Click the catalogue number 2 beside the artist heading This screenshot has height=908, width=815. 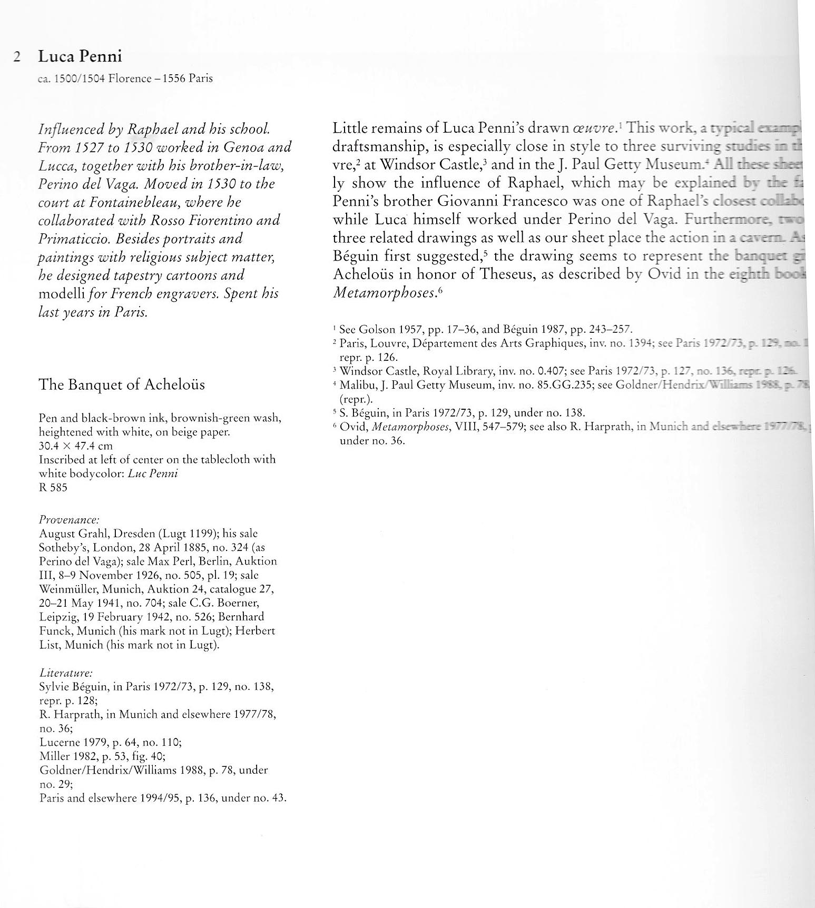[x=17, y=57]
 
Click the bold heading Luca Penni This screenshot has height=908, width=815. [x=80, y=56]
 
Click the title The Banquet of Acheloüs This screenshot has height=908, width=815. [x=122, y=384]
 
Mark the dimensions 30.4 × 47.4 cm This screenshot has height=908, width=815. [x=76, y=446]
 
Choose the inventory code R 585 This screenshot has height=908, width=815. [x=53, y=487]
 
